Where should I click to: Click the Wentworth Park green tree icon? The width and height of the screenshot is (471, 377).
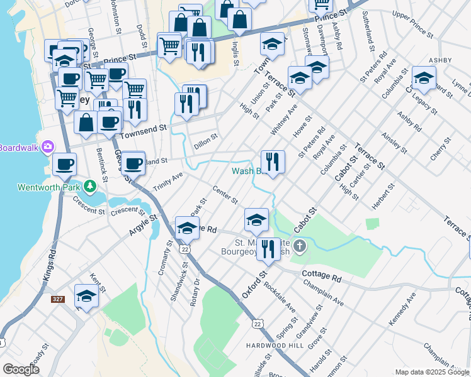(91, 185)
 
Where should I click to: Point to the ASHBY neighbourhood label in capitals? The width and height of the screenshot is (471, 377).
(440, 60)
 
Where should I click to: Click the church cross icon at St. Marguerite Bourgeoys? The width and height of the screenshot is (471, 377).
(300, 245)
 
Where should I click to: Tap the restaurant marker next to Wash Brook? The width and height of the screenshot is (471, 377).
(273, 161)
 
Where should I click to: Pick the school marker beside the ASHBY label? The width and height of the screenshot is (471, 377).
(424, 79)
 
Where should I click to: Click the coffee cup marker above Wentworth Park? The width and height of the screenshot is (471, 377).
(64, 165)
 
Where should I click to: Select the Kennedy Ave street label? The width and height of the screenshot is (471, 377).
(402, 309)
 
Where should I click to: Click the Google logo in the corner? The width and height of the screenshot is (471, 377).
(21, 369)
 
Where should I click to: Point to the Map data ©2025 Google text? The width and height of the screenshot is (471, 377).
(431, 372)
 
